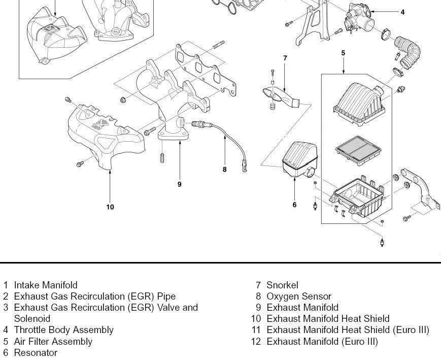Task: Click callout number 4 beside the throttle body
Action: (x=402, y=12)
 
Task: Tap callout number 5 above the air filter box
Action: (x=344, y=53)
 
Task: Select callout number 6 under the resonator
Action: (x=294, y=205)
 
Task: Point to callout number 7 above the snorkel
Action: (x=285, y=58)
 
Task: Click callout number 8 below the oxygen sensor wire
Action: (x=224, y=170)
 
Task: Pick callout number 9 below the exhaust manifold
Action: (x=179, y=184)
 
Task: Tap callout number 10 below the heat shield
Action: (x=110, y=207)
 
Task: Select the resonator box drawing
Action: (x=300, y=159)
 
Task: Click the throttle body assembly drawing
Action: (x=358, y=18)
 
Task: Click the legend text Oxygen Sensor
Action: (x=299, y=296)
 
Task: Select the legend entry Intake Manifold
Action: (x=46, y=285)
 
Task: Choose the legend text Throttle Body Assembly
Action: (x=63, y=330)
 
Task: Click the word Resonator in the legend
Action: (x=36, y=352)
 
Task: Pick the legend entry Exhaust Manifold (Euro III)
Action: (x=322, y=341)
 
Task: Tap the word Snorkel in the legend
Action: (x=282, y=285)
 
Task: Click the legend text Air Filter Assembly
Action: (x=53, y=341)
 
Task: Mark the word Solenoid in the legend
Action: (x=32, y=318)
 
